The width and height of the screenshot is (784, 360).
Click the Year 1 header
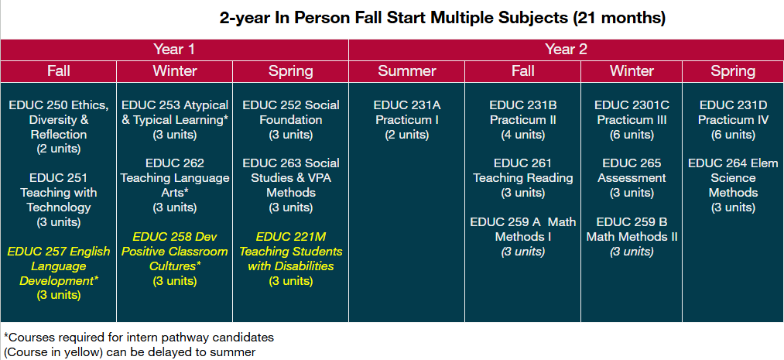point(174,50)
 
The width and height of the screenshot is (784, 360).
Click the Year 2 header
point(566,50)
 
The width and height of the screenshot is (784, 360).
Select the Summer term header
point(406,71)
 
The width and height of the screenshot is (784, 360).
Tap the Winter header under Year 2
point(632,71)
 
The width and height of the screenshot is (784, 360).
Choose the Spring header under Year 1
point(290,71)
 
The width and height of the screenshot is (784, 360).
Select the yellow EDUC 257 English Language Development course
point(59,266)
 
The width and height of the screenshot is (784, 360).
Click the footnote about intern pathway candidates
point(139,338)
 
